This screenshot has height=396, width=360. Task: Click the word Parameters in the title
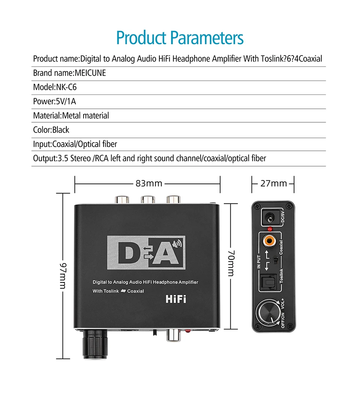(207, 38)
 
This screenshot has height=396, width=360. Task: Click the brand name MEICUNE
(90, 73)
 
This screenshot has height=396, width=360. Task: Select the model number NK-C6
(66, 87)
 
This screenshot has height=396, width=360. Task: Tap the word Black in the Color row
(61, 130)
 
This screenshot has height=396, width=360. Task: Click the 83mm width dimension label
(149, 183)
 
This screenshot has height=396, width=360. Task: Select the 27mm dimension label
(274, 183)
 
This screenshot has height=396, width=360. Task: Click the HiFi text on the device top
(176, 299)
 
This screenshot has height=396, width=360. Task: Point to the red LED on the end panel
(269, 229)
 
